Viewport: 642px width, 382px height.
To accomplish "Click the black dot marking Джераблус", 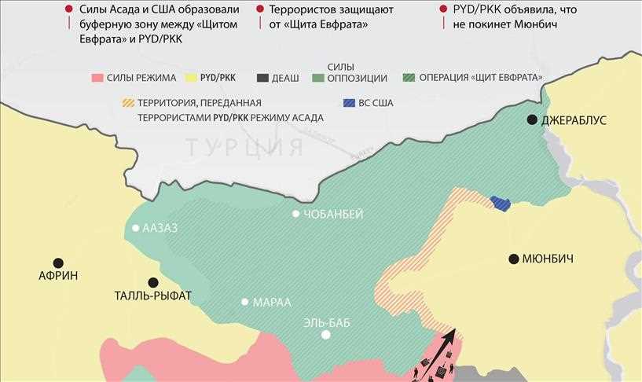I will coord(533,119).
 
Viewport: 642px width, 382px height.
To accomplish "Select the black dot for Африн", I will coord(57,263).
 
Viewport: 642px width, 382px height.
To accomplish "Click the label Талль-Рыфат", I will coord(153,296).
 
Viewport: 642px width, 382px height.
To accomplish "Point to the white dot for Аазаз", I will coord(136,229).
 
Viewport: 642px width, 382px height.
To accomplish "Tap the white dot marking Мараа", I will coord(245,302).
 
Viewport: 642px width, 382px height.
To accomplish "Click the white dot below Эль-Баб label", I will coord(326,335).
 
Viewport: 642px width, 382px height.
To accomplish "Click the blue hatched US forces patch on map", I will coord(500,204).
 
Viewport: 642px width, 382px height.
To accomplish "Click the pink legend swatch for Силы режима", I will coord(97,78).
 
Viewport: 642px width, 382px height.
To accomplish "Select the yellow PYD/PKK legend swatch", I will coord(189,78).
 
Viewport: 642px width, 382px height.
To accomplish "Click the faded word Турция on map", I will coord(244,147).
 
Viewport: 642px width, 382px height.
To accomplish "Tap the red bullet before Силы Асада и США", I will coord(68,9).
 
